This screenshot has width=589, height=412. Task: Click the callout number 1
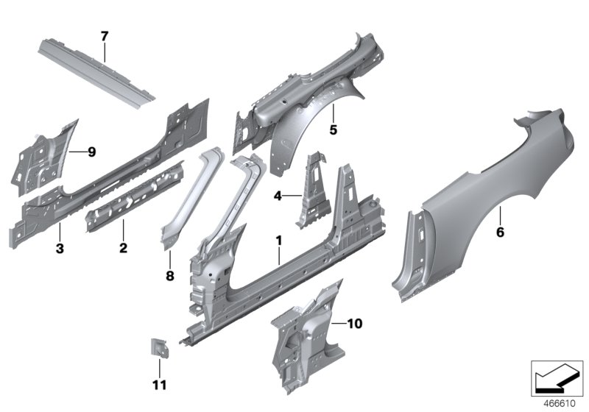coord(278,240)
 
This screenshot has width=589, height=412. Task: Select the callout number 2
coord(123,248)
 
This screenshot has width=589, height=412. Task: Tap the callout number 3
coord(60,249)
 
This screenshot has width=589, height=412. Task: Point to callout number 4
coord(278,196)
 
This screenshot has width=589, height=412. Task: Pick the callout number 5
coord(332,130)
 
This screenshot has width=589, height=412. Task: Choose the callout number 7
coord(104,35)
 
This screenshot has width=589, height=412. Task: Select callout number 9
coord(91,152)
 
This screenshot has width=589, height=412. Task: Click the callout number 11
coord(159,385)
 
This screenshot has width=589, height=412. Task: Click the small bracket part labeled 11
coord(158,347)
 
